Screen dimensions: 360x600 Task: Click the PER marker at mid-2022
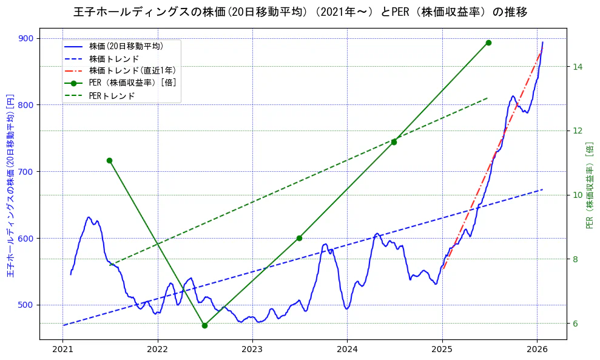(x=204, y=325)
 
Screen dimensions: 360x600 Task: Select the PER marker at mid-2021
(x=109, y=160)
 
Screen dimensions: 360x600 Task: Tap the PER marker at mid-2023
(x=299, y=238)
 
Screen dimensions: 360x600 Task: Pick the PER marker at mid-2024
(x=394, y=142)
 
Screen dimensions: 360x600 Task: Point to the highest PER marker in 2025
(x=488, y=42)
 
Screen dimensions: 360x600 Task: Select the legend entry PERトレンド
(x=112, y=96)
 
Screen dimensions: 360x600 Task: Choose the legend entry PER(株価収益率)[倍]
(x=132, y=83)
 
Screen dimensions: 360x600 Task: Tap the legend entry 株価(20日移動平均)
(x=126, y=46)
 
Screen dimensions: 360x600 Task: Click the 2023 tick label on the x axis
(x=252, y=349)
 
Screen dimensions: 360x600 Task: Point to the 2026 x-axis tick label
(x=537, y=349)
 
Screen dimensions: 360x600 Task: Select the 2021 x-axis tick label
(x=62, y=349)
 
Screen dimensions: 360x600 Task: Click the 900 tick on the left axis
(x=27, y=38)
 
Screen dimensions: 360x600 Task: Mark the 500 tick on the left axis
(x=27, y=305)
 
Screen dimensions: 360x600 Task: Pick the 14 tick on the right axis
(x=577, y=66)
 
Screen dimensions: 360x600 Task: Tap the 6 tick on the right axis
(x=575, y=323)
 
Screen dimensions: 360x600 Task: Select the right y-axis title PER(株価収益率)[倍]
(x=589, y=185)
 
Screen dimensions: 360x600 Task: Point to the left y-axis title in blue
(x=10, y=185)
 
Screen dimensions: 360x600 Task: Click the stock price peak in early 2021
(x=89, y=217)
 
